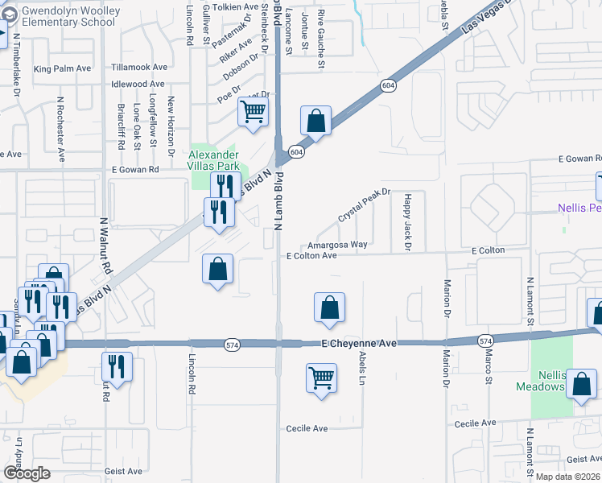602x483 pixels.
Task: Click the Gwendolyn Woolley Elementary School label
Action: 70,16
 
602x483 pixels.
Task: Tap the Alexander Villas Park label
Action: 213,160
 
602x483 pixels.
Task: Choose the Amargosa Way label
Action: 336,244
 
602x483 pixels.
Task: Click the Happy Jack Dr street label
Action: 407,221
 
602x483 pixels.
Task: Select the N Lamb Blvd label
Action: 278,201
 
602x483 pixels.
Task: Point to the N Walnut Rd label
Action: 104,241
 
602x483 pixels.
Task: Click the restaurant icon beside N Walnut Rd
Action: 117,367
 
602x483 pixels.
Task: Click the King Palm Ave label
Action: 61,69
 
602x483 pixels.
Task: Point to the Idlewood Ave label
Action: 138,84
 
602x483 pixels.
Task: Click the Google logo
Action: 27,473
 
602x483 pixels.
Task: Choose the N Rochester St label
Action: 60,126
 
